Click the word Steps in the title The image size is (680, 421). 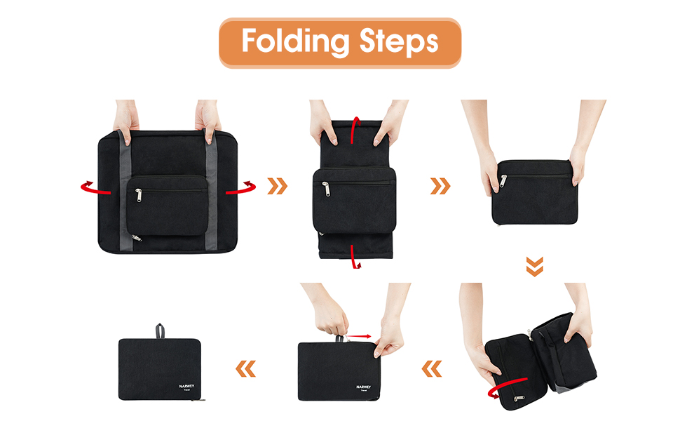(x=400, y=42)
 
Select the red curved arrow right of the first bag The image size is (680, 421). (x=243, y=187)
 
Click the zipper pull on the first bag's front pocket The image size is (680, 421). (x=138, y=194)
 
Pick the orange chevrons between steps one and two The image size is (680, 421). (x=278, y=186)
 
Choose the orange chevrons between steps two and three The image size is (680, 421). (x=440, y=186)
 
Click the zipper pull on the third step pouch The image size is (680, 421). (x=503, y=182)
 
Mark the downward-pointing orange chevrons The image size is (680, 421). (x=534, y=267)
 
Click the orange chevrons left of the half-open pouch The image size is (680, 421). (x=433, y=367)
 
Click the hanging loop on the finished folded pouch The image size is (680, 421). (x=160, y=330)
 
